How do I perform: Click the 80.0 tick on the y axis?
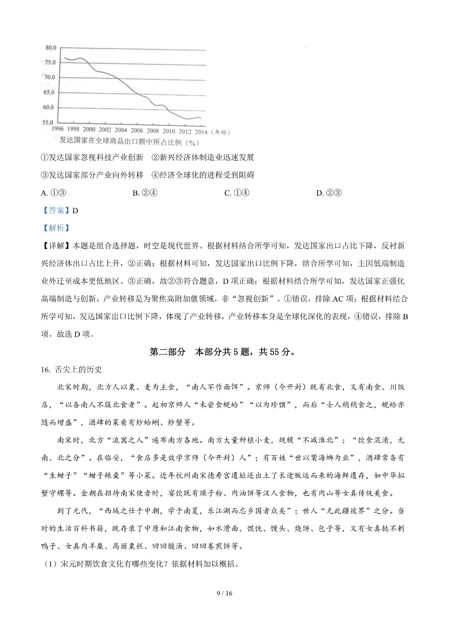pos(51,48)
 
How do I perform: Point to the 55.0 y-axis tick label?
pos(48,123)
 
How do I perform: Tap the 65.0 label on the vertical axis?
pos(48,93)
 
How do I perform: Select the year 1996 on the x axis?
pos(58,129)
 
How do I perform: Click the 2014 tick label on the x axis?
pos(201,132)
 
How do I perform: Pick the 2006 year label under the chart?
pos(137,130)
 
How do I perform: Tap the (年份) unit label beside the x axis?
pos(220,132)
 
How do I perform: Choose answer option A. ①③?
pos(54,193)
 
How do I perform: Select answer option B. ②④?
pos(145,193)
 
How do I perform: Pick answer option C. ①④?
pos(236,193)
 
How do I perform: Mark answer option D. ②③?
pos(329,193)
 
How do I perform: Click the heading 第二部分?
pos(167,352)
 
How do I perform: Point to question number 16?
pos(46,370)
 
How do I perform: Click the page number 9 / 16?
pos(224,593)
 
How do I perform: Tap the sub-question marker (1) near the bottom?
pos(50,564)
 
